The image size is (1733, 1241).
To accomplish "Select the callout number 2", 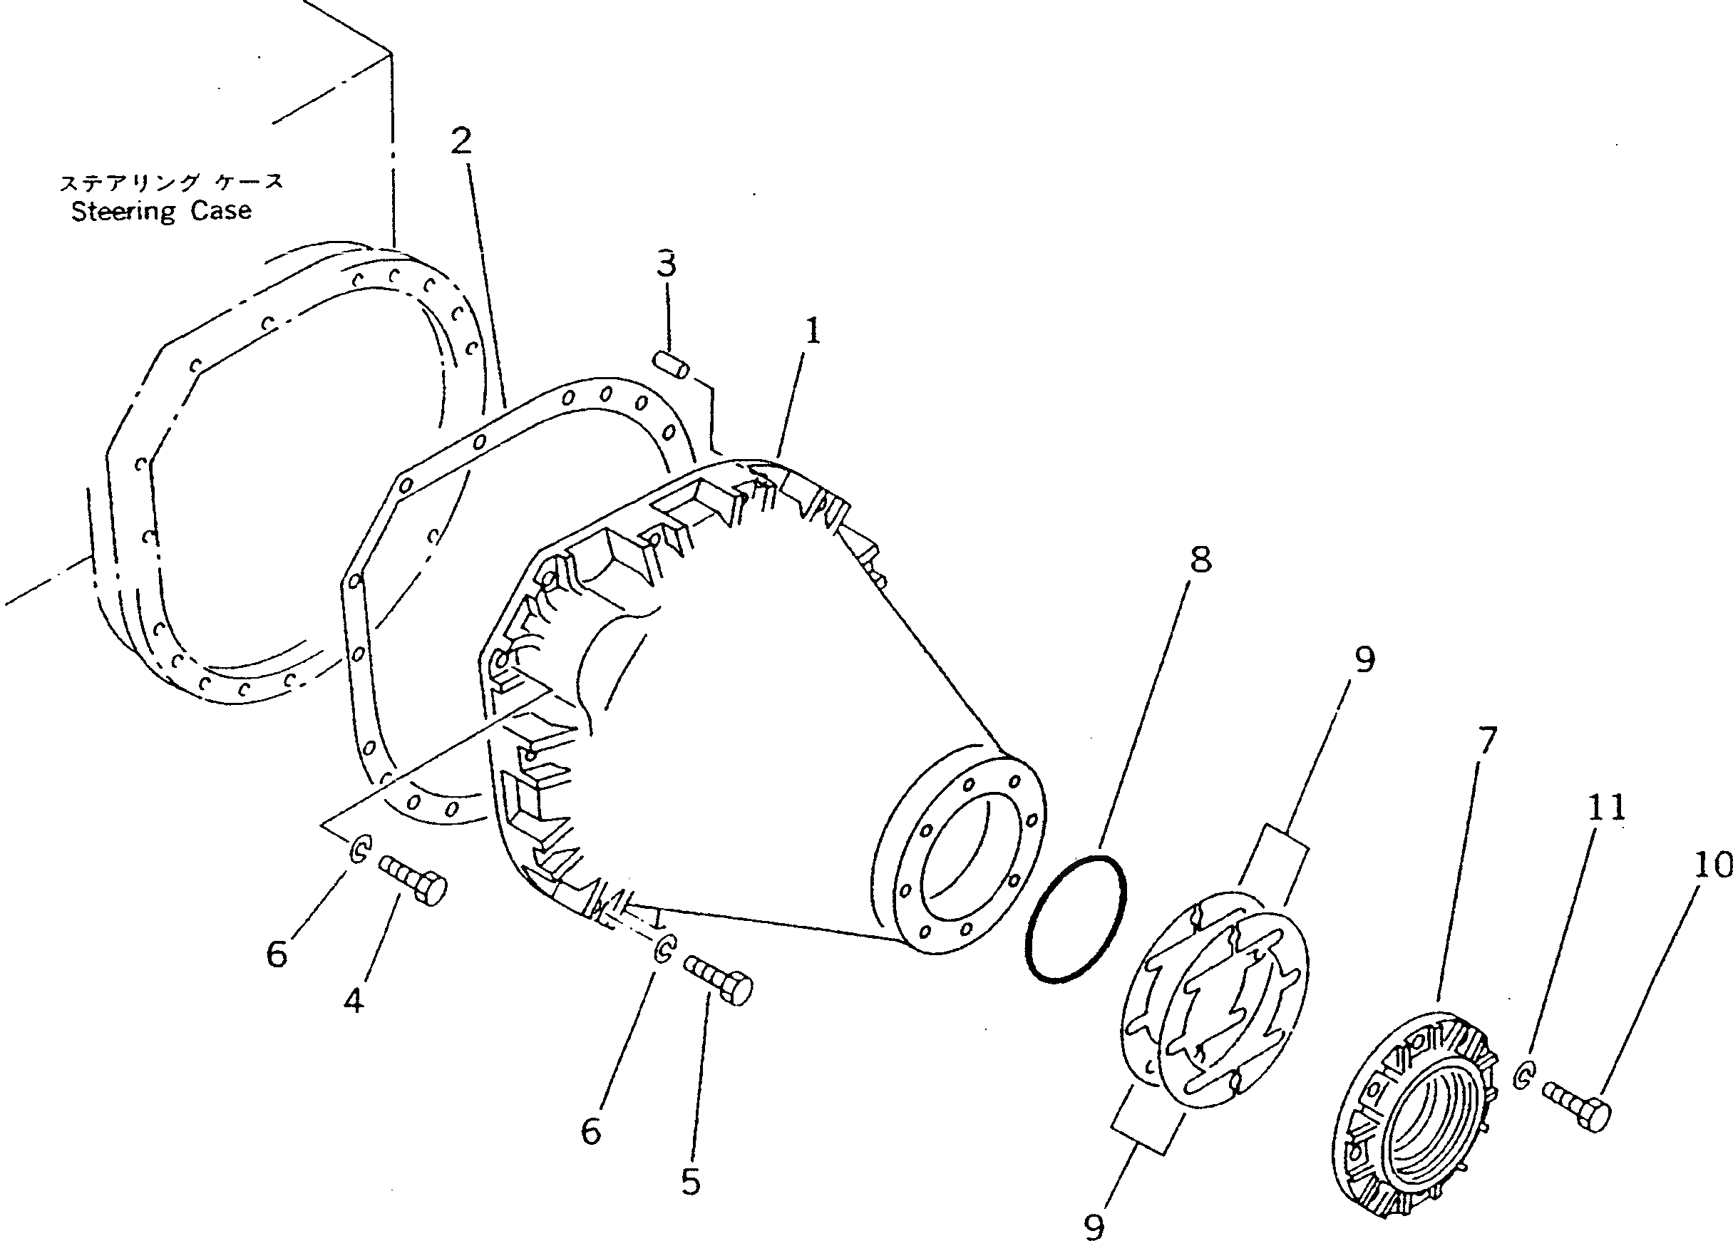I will (461, 140).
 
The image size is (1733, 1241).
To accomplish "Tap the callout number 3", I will (666, 264).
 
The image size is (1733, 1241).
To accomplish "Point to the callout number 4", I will (353, 999).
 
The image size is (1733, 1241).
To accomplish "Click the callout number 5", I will (691, 1181).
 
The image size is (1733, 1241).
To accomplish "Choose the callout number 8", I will (1200, 560).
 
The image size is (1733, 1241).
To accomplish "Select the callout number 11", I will (1606, 807).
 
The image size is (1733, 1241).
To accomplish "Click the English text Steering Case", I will (161, 211).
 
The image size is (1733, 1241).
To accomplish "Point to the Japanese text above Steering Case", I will (171, 182).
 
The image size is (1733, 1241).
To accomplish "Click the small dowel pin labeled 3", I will (672, 364).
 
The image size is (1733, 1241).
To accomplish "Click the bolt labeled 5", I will (719, 979).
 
